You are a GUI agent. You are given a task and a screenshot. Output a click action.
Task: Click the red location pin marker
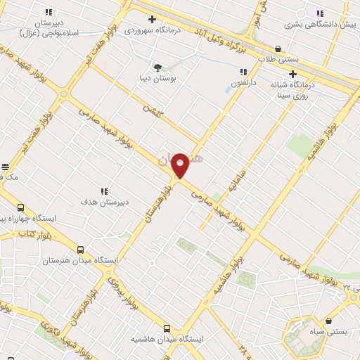coord(181,165)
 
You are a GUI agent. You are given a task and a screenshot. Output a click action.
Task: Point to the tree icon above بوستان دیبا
coord(156,68)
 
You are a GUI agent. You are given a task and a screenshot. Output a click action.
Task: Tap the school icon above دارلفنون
coord(243,72)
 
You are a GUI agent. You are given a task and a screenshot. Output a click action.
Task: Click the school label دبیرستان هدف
coord(103,202)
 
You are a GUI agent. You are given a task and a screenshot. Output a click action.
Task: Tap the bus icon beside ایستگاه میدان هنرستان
coord(79,250)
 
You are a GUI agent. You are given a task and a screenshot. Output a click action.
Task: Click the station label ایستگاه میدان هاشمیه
coord(167,339)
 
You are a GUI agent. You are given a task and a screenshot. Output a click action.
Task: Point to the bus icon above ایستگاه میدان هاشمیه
coord(167,328)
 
